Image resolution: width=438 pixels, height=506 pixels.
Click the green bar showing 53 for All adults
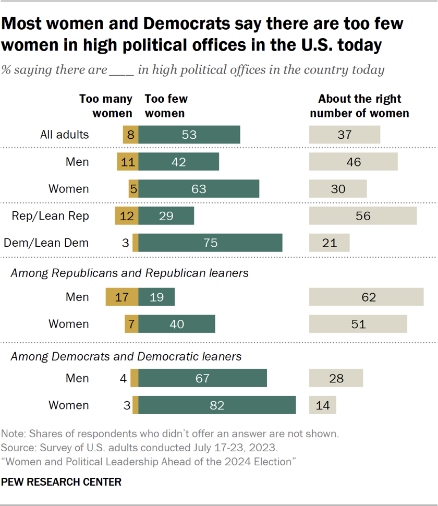tap(189, 135)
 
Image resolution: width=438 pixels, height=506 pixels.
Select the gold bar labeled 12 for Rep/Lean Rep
tap(127, 215)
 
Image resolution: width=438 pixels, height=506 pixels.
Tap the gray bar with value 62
tap(366, 297)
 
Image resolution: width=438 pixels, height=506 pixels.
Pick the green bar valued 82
tap(217, 405)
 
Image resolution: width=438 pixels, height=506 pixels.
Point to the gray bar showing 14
tap(322, 405)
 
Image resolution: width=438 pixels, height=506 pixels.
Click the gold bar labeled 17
tap(122, 297)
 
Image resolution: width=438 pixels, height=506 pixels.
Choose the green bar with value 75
tap(210, 243)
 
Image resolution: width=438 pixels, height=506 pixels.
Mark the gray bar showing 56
tap(363, 215)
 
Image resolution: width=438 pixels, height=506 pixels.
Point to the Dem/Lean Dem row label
tap(46, 243)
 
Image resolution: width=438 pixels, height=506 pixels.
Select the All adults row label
tap(65, 135)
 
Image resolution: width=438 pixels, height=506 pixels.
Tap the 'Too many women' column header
tap(105, 106)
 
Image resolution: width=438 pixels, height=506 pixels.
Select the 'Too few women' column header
tap(166, 106)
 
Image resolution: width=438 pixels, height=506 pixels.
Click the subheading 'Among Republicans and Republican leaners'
tap(129, 273)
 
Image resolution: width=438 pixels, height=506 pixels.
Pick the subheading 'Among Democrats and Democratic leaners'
tap(126, 356)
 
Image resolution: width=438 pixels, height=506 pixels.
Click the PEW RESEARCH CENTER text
tap(61, 482)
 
